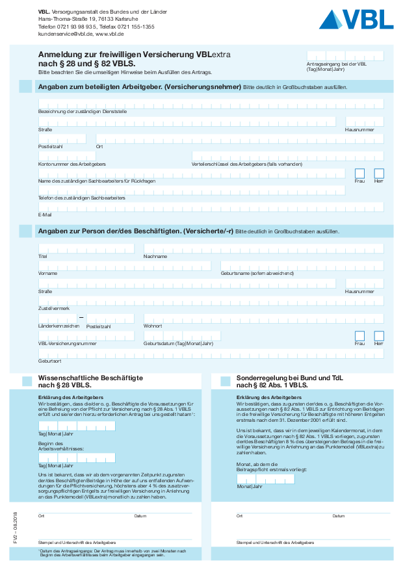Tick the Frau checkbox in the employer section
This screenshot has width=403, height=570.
click(x=359, y=174)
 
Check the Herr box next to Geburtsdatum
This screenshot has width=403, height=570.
click(x=379, y=336)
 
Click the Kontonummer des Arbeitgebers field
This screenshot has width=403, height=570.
click(x=110, y=156)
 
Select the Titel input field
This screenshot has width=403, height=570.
click(x=86, y=248)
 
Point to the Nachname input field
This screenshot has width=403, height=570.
click(x=263, y=248)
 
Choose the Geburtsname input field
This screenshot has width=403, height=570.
click(x=302, y=266)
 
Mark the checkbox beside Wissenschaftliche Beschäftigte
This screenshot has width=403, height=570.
click(x=27, y=381)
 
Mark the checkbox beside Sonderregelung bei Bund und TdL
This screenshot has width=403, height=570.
click(x=226, y=381)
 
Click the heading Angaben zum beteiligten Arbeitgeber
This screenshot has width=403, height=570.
click(x=140, y=86)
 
